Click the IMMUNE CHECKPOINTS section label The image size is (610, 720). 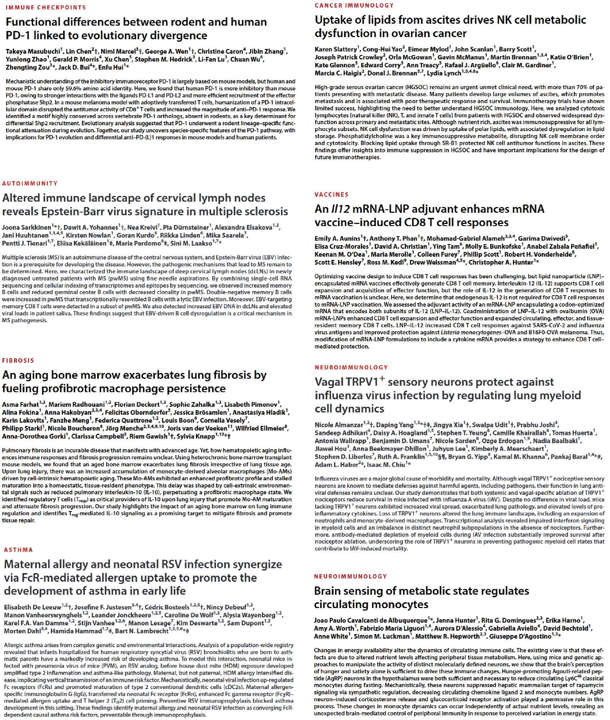[46, 8]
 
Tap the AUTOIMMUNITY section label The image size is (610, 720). [30, 184]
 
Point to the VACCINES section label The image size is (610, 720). [331, 195]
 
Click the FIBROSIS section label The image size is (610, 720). [18, 361]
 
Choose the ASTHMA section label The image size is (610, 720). [18, 550]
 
